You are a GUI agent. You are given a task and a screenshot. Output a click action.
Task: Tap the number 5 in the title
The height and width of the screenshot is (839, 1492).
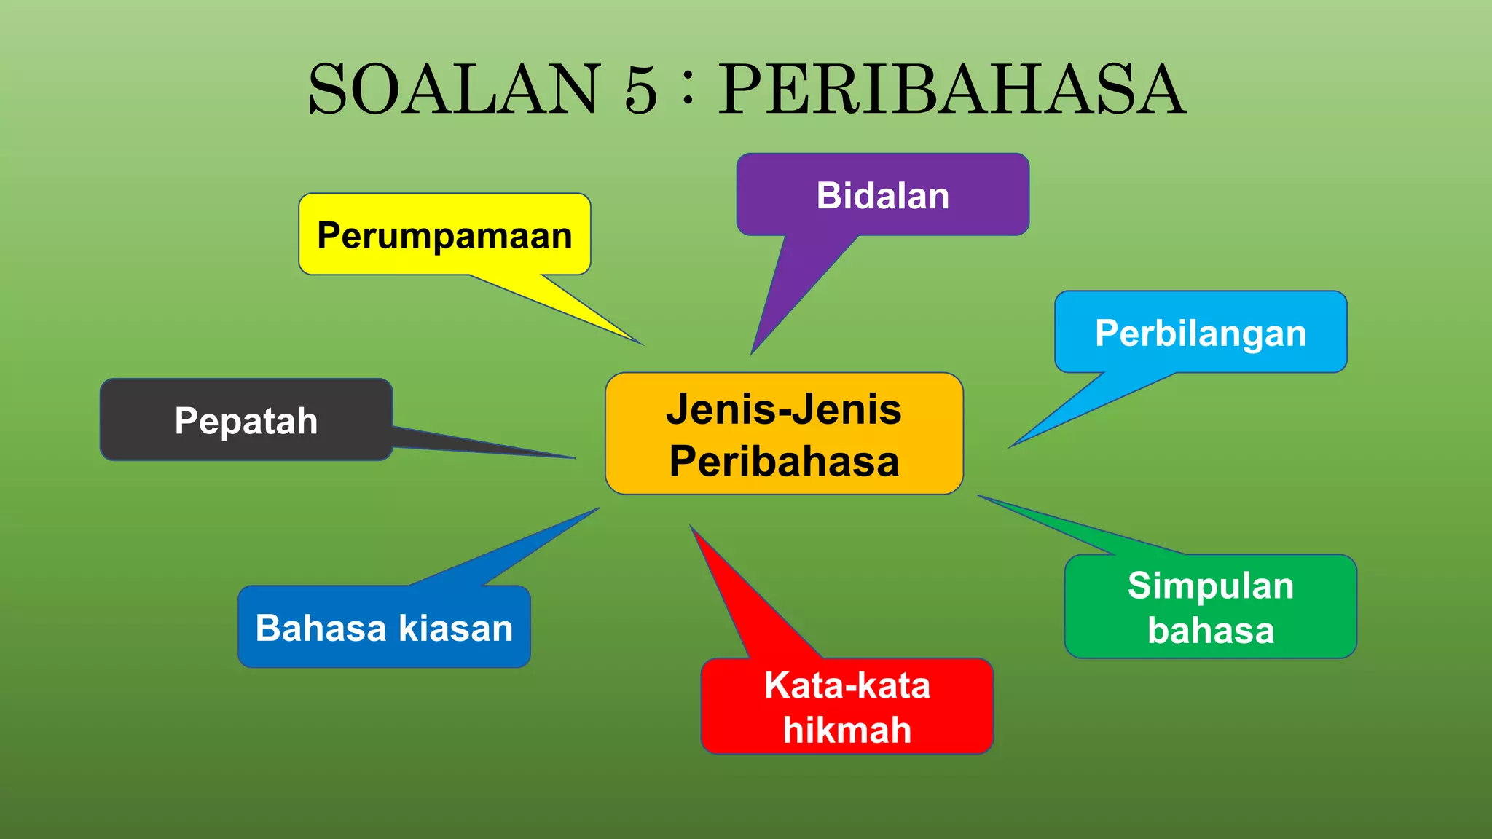tap(640, 90)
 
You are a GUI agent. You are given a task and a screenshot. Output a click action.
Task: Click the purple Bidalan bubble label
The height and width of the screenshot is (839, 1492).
tap(882, 195)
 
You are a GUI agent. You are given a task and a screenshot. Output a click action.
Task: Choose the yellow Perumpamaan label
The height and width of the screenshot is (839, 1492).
tap(444, 235)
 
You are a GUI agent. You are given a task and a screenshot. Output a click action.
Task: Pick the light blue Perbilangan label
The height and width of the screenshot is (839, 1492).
tap(1201, 333)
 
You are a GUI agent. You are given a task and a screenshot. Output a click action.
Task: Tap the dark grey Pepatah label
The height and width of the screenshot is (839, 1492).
tap(246, 421)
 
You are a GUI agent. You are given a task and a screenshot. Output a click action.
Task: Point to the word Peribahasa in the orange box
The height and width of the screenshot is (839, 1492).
tap(784, 461)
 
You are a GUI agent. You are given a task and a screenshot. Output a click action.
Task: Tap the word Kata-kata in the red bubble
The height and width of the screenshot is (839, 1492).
tap(847, 685)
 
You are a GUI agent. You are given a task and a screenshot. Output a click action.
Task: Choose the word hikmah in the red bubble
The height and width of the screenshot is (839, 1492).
tap(847, 730)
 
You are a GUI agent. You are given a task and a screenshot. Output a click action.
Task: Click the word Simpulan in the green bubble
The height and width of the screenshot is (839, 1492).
tap(1211, 586)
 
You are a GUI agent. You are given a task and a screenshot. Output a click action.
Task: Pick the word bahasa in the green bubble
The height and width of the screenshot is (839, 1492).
tap(1211, 630)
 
